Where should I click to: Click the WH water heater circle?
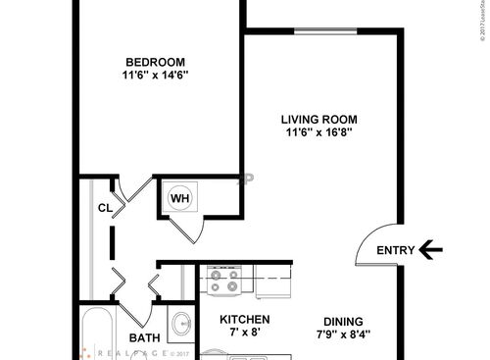pyautogui.click(x=180, y=197)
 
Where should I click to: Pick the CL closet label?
pyautogui.click(x=104, y=207)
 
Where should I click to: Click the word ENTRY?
pyautogui.click(x=396, y=250)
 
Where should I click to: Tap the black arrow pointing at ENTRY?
pyautogui.click(x=431, y=250)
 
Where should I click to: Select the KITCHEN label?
pyautogui.click(x=244, y=320)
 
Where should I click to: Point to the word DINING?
pyautogui.click(x=343, y=321)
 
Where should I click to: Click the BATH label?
pyautogui.click(x=144, y=339)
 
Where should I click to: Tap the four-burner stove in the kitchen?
pyautogui.click(x=226, y=283)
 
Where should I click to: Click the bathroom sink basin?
pyautogui.click(x=181, y=323)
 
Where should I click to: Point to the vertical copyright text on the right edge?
pyautogui.click(x=483, y=29)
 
